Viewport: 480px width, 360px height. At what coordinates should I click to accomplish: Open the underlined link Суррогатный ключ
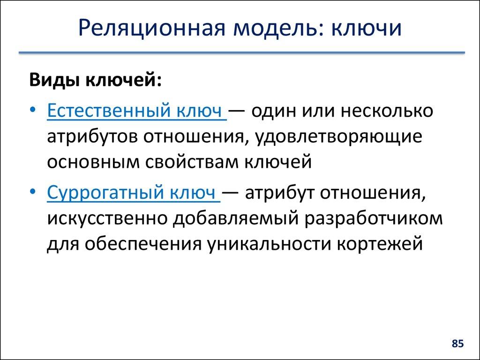point(134,193)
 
